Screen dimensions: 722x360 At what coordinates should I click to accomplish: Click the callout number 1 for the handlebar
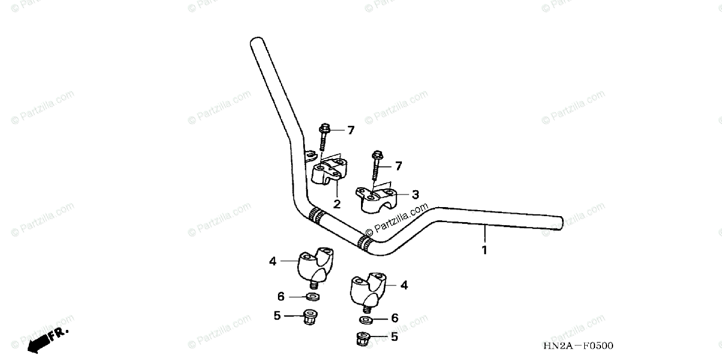tap(484, 249)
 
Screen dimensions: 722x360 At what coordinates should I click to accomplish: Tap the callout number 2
tap(337, 204)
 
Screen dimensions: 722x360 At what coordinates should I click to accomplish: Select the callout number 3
tap(415, 194)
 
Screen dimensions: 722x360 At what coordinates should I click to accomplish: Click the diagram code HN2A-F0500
tap(578, 346)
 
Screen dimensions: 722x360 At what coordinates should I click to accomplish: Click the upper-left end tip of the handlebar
tap(256, 43)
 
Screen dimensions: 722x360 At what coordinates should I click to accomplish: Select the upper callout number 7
tap(350, 131)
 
